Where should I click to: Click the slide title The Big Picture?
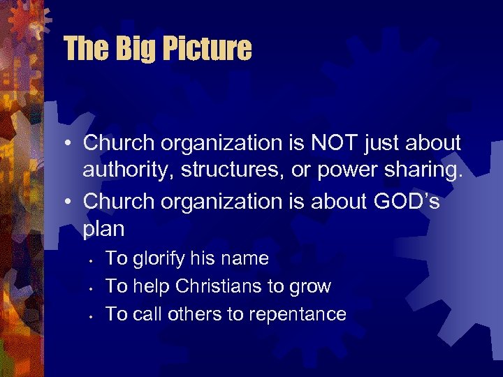(x=157, y=49)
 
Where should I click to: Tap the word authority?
(x=122, y=172)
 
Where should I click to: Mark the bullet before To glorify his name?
(x=92, y=260)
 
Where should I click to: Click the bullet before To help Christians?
(x=92, y=288)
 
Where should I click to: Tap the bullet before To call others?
(x=92, y=316)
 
